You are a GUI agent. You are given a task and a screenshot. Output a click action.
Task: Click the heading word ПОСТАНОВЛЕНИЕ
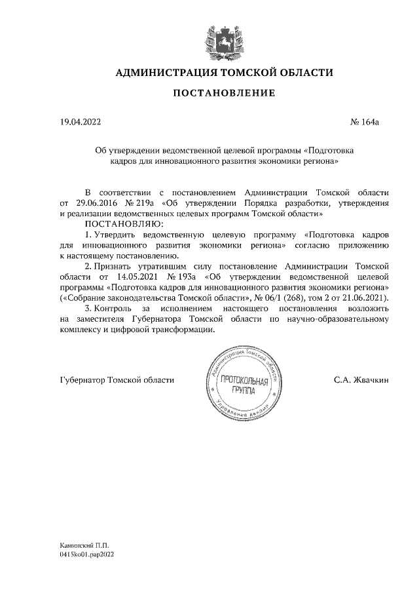coord(224,94)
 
